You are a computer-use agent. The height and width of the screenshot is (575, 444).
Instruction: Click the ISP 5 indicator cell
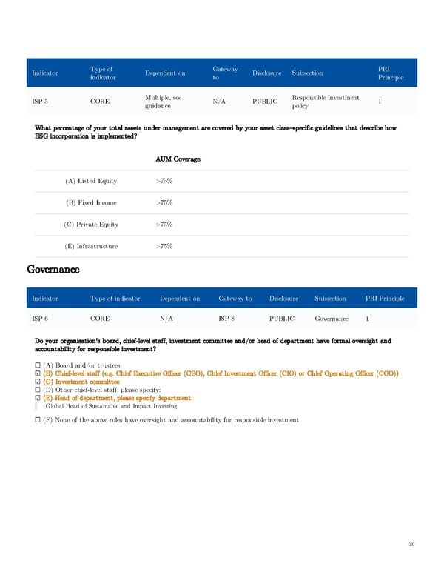(x=41, y=102)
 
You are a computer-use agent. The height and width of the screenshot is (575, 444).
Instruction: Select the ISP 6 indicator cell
(x=41, y=319)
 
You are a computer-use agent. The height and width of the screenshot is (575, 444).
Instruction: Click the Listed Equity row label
(x=91, y=181)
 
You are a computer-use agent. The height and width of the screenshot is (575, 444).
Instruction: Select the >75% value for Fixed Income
(x=164, y=202)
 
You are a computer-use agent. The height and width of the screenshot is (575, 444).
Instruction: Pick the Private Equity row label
(x=92, y=225)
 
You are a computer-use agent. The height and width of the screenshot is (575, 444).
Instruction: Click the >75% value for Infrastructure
(x=164, y=246)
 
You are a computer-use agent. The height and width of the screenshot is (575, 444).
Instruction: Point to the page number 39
(x=411, y=545)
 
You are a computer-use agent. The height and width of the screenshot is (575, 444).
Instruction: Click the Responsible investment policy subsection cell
(x=326, y=102)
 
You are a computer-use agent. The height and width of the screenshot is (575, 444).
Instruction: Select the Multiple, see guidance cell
(x=169, y=102)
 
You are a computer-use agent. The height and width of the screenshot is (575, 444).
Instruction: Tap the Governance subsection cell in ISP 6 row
(x=332, y=319)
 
